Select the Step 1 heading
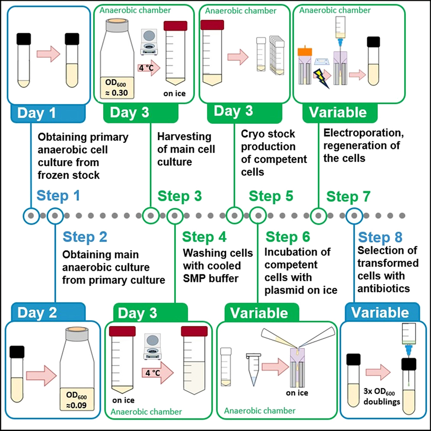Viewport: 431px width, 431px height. point(58,196)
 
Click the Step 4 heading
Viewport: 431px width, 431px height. point(204,237)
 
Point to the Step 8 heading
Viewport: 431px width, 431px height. point(380,237)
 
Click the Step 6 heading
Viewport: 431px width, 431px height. point(288,237)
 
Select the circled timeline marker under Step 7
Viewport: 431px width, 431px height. point(319,215)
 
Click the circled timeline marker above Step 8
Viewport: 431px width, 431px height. point(354,215)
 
